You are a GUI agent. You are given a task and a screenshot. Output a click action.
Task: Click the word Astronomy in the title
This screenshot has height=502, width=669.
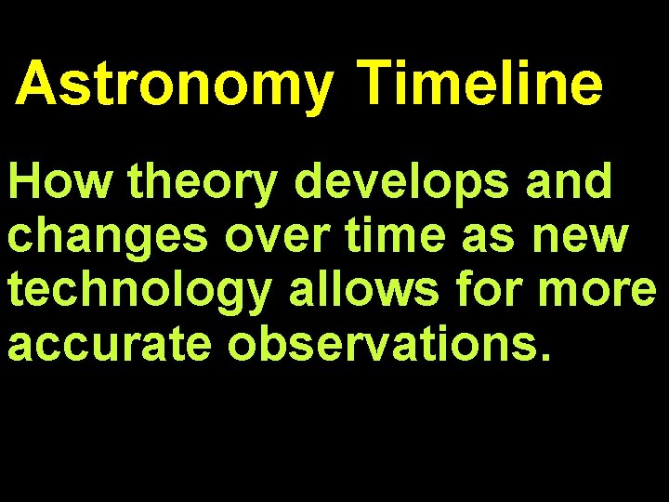(x=174, y=86)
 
